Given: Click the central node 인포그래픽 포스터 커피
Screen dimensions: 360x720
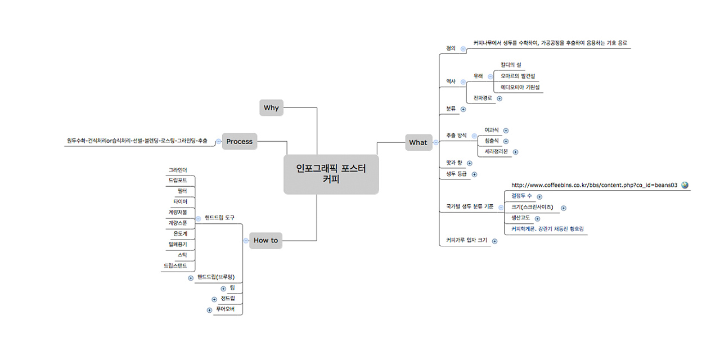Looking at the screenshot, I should point(331,174).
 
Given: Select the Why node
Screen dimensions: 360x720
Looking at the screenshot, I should point(271,108).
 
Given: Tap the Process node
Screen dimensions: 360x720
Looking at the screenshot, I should point(239,142).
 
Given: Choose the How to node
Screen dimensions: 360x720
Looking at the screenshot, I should point(265,240).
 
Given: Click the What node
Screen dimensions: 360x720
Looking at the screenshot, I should point(417,142).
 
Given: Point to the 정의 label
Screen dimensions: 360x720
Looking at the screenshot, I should point(450,48).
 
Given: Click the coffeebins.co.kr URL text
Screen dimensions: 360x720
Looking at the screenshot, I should point(594,185).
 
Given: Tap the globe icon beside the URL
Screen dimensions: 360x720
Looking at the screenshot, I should point(685,185).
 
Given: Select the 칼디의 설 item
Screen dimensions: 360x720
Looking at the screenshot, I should point(511,65).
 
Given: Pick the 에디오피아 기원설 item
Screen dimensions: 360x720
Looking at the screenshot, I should point(520,87).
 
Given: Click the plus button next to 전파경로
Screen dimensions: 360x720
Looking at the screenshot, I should point(499,98).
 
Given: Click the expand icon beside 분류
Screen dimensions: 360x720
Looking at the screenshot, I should point(463,109).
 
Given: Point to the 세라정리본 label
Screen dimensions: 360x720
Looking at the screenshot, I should point(496,151).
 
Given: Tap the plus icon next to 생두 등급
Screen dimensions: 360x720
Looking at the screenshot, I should point(474,174).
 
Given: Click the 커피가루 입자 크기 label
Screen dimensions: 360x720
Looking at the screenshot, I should point(466,240).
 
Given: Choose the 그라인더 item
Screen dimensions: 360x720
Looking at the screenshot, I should point(178,169).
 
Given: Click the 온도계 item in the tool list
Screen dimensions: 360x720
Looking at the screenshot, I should point(180,233).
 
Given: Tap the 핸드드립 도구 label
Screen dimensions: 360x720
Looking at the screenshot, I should point(219,217).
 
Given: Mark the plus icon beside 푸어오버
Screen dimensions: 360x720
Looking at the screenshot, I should point(209,310).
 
